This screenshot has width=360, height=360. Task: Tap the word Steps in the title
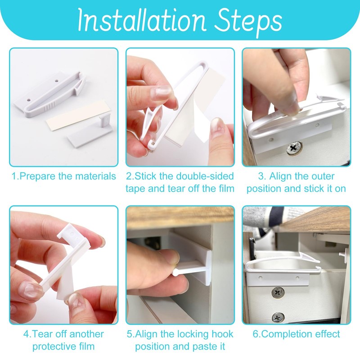point(245,21)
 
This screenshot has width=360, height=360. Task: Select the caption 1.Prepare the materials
point(63,176)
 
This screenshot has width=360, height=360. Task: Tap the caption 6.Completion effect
point(296,334)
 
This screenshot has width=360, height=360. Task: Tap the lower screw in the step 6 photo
point(278,317)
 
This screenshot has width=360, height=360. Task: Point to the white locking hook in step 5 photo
point(193,265)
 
